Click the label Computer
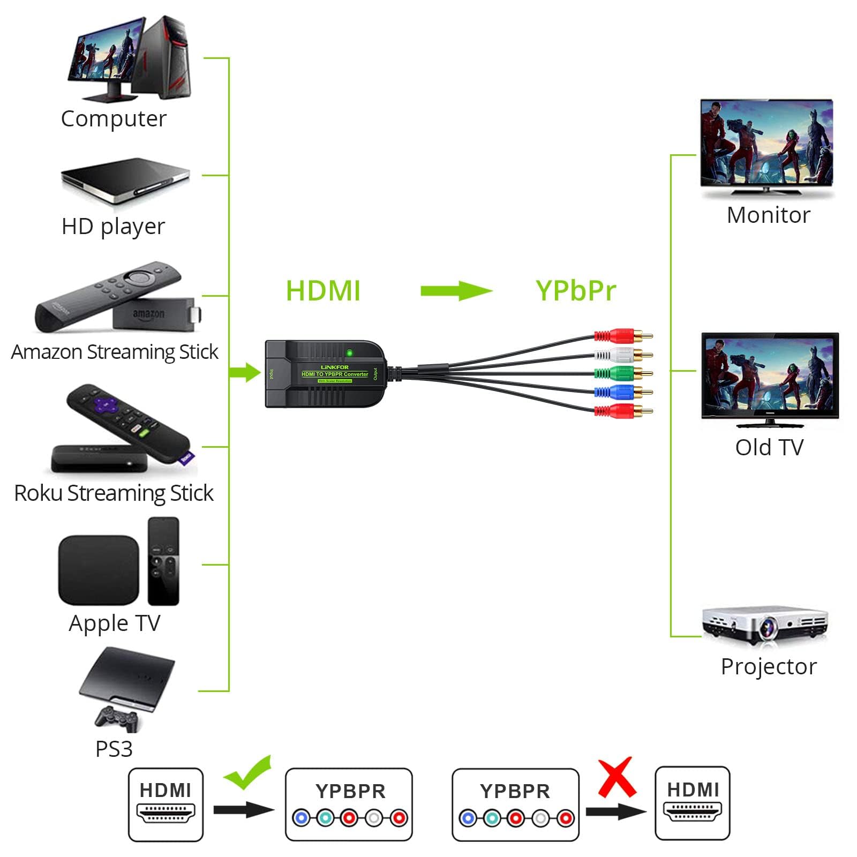coord(114,118)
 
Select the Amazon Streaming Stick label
coord(115,352)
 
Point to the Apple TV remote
coord(163,561)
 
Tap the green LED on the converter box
coord(350,353)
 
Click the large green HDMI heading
coord(323,291)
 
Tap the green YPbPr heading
coord(576,291)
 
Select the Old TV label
coord(769,447)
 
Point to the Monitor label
coord(769,215)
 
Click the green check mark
coord(248,772)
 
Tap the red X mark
coord(617,777)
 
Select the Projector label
coord(769,667)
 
